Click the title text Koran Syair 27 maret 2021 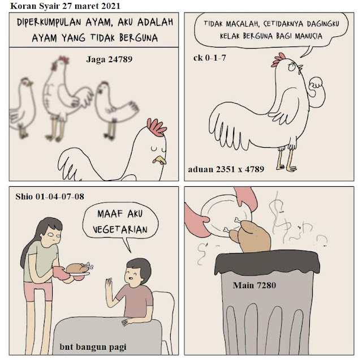pos(65,6)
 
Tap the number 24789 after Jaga pos(120,59)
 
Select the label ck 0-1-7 pos(210,58)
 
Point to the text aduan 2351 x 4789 pos(226,169)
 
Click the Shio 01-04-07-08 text pos(50,196)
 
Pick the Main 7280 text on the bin pos(255,285)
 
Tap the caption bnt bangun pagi pos(93,347)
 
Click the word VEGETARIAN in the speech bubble pos(120,229)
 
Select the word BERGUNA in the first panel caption pos(139,38)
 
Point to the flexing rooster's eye pos(292,67)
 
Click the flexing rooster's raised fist pos(316,83)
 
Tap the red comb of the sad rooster pos(156,127)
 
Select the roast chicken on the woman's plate pos(77,268)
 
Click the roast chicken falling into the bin pos(252,236)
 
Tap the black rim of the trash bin pos(267,263)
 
